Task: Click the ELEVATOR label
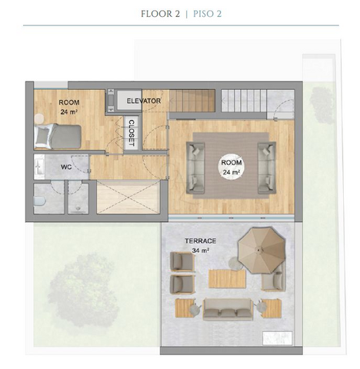tap(144, 101)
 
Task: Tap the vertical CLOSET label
tap(132, 133)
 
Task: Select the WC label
tap(66, 167)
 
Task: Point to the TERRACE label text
tap(201, 241)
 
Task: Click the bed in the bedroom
tap(58, 136)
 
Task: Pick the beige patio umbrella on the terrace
tap(262, 250)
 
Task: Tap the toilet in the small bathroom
tap(39, 201)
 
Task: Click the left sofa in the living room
tap(195, 168)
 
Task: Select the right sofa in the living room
tap(267, 168)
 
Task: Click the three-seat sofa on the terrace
tap(228, 309)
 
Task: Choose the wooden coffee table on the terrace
tap(227, 279)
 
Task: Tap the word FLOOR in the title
tap(157, 14)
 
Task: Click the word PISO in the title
tap(204, 14)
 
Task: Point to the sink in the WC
tap(39, 167)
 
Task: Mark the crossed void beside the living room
tap(128, 197)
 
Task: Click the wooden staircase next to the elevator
tap(192, 101)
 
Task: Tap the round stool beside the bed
tap(39, 118)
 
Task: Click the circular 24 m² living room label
tap(232, 167)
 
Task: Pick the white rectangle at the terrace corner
tap(278, 338)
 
